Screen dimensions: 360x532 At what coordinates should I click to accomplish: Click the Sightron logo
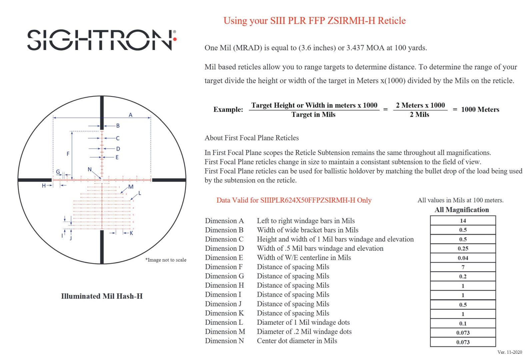(x=101, y=40)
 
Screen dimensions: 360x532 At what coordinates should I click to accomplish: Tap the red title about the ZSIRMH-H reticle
(x=314, y=21)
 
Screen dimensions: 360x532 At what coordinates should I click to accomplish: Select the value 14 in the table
(x=463, y=221)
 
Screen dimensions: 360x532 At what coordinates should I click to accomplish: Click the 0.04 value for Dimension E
(x=463, y=258)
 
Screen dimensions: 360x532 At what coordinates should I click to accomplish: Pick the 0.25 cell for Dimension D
(x=463, y=248)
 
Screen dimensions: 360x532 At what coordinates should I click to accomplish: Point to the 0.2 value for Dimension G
(x=463, y=276)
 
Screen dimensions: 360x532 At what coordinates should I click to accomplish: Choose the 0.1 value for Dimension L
(x=463, y=323)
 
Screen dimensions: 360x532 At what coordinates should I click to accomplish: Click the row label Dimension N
(x=224, y=341)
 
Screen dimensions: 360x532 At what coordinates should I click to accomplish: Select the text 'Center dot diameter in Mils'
(x=297, y=341)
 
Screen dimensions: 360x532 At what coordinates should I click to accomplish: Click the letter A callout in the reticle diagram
(x=131, y=115)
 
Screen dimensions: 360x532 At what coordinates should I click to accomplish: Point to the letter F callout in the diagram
(x=68, y=154)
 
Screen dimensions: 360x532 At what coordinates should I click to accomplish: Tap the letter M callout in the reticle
(x=131, y=187)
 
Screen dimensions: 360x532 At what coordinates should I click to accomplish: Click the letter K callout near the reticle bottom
(x=131, y=233)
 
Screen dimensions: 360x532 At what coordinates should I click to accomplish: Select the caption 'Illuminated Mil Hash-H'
(x=102, y=296)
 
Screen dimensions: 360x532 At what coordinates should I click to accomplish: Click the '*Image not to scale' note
(x=166, y=260)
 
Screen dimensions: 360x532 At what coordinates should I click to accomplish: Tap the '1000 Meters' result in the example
(x=480, y=110)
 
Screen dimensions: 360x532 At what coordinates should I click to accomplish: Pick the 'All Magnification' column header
(x=462, y=210)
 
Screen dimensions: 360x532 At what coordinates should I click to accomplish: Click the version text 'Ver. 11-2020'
(x=510, y=352)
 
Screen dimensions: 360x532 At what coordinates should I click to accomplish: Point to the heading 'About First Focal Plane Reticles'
(x=252, y=138)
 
